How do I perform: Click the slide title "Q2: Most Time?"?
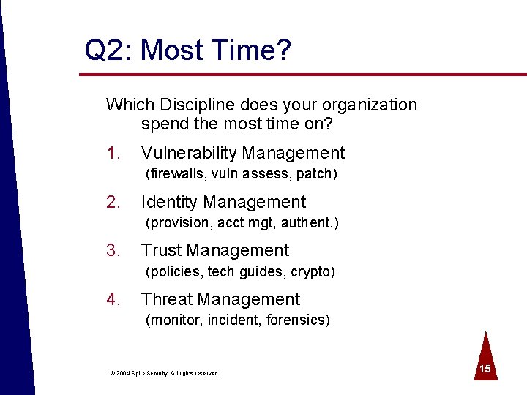click(x=187, y=50)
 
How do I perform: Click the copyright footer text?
click(x=165, y=373)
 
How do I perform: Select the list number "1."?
click(x=112, y=153)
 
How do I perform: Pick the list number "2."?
click(x=112, y=202)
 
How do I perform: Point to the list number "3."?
click(x=112, y=250)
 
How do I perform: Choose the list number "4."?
click(x=112, y=299)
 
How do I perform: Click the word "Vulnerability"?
click(x=189, y=154)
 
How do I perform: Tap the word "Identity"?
click(x=169, y=202)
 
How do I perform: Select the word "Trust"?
click(x=161, y=250)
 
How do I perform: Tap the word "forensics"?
click(x=298, y=320)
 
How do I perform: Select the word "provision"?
click(x=176, y=222)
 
